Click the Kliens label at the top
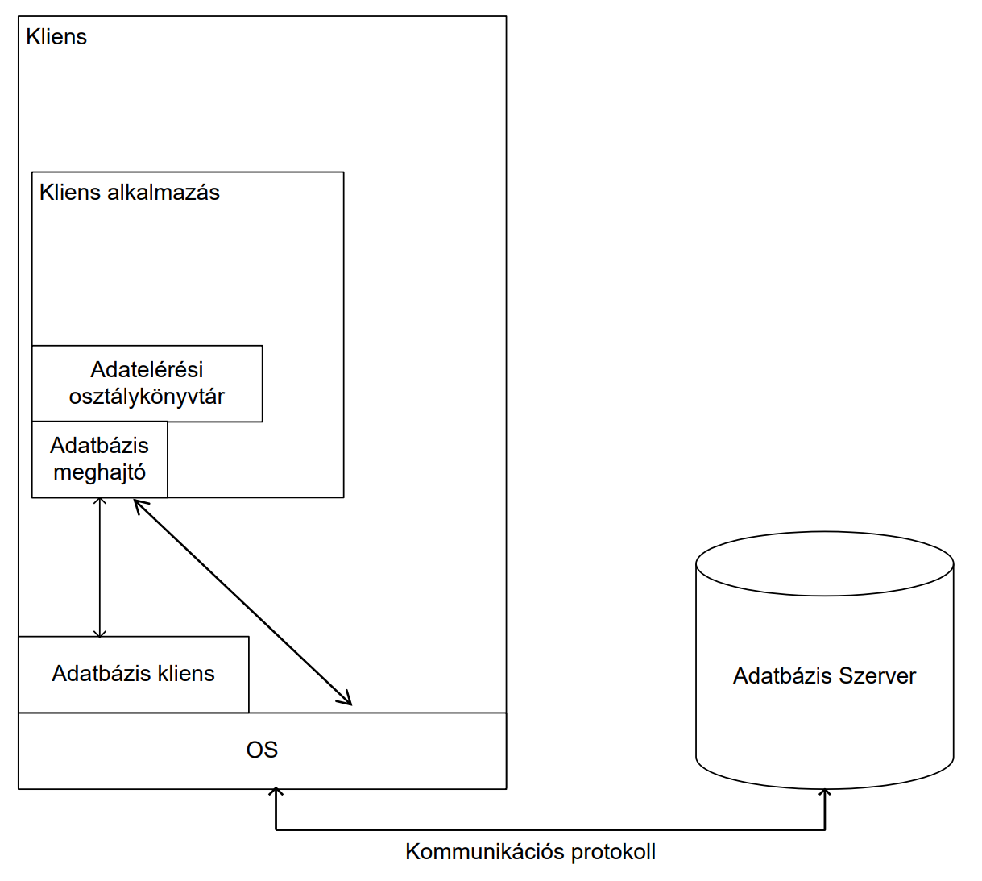click(56, 37)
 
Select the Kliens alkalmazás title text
click(130, 193)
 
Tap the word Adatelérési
click(147, 370)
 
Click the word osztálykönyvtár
click(147, 397)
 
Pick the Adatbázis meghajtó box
click(100, 459)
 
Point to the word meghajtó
click(100, 472)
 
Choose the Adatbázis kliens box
click(134, 675)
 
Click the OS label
click(262, 750)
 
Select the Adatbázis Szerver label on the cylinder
click(824, 676)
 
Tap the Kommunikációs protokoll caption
click(530, 852)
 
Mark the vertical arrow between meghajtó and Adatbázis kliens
click(100, 567)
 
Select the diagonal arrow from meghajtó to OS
click(242, 601)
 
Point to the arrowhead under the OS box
click(276, 793)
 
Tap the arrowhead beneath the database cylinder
click(825, 794)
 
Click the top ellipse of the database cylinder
click(825, 563)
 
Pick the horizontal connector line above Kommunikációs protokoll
click(550, 829)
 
